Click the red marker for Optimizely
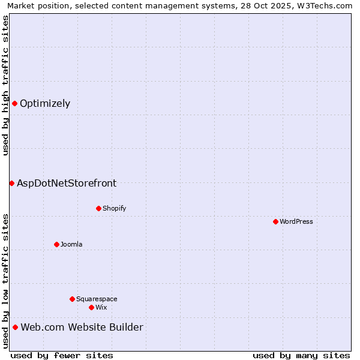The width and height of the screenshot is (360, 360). coord(14,103)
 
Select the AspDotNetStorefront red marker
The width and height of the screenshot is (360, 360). coord(11,183)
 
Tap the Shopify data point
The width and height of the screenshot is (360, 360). coord(98,208)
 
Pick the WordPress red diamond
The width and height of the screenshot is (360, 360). coord(275,221)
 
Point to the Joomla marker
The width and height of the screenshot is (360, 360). coord(56,244)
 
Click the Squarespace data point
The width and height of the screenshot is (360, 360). coord(72,299)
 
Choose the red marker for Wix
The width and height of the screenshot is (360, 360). coord(91,307)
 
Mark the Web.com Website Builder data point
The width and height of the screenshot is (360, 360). coord(15,327)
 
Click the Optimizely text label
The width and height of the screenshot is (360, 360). coord(45,103)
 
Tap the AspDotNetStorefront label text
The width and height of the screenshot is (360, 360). coord(67,183)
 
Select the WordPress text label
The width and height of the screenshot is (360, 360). coord(296,221)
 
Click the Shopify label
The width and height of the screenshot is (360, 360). coord(114,208)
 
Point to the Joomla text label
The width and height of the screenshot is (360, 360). coord(71,244)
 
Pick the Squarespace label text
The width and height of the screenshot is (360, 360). coord(97,299)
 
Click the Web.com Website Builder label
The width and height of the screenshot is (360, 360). coord(82,327)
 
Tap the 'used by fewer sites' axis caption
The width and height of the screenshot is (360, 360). coord(62,355)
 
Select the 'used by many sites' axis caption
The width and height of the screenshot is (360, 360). coord(301,355)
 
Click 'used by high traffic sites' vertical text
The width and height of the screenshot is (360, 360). coord(5,85)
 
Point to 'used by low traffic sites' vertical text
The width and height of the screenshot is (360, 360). coord(5,281)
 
